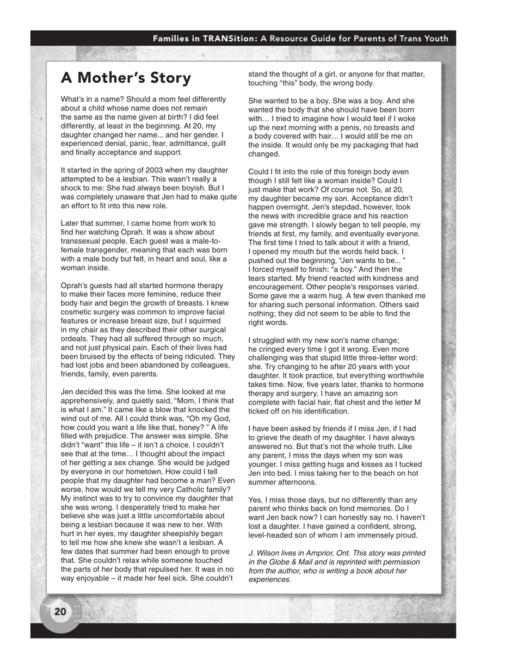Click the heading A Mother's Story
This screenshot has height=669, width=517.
click(126, 78)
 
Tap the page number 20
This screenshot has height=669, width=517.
click(60, 612)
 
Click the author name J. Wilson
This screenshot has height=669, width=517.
click(264, 553)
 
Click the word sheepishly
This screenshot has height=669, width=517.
click(173, 534)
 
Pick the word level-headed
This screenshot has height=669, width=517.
click(272, 535)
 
